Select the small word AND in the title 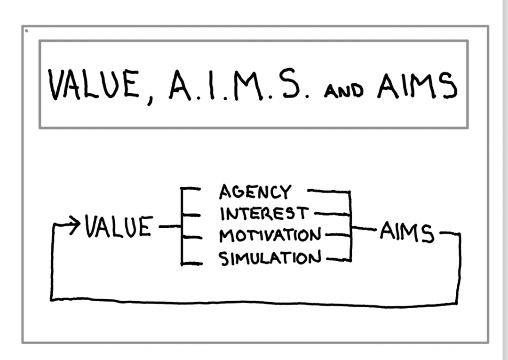pos(343,90)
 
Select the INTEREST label pos(264,214)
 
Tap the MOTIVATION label pos(270,235)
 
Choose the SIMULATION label pos(270,258)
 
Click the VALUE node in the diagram pos(119,228)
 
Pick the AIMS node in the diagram pos(407,232)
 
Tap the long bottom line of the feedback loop pos(254,301)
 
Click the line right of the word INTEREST pos(332,214)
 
